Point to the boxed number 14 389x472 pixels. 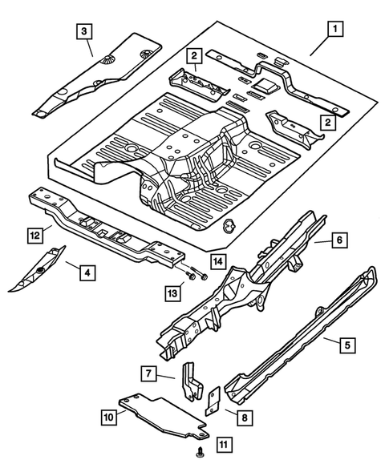pos(217,260)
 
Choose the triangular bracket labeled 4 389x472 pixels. pos(37,271)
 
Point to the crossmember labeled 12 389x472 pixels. pos(104,232)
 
